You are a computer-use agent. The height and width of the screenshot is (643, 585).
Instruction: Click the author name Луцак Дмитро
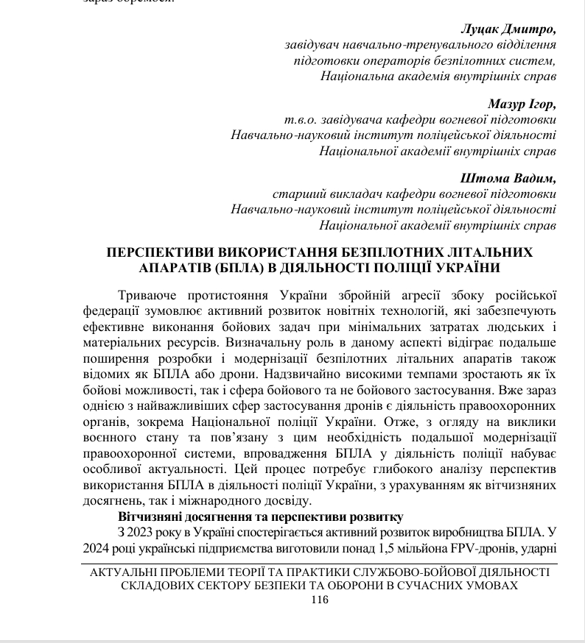click(508, 29)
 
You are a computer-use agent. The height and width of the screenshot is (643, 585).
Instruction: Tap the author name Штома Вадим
click(508, 179)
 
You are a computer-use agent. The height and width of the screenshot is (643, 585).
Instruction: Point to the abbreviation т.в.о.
click(298, 119)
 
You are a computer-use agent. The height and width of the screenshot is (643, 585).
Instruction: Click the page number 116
click(319, 600)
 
